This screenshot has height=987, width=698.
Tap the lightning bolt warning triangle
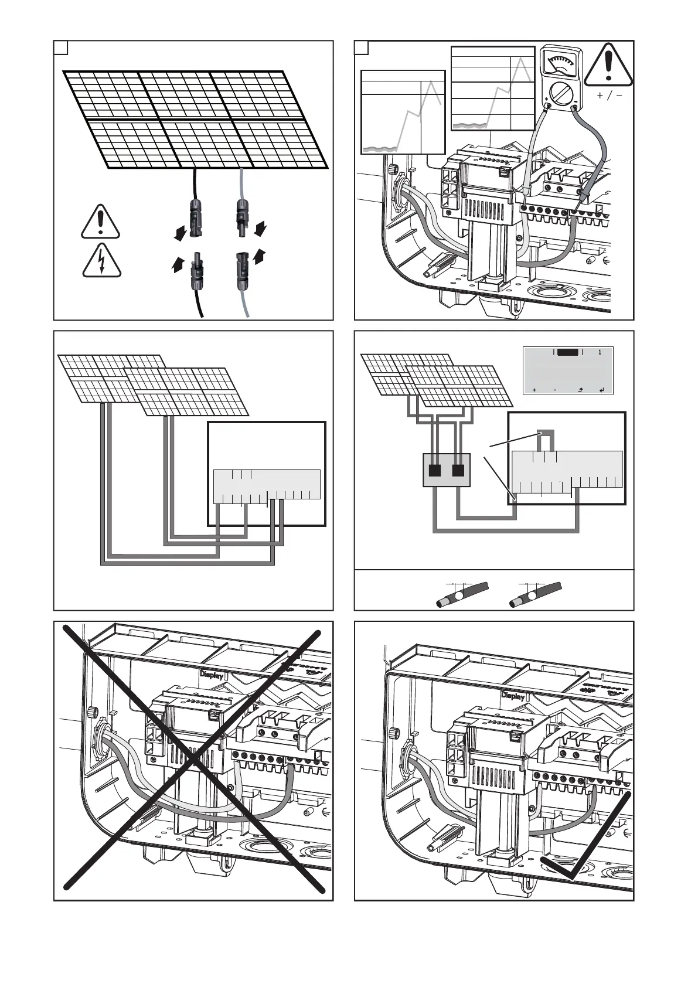[x=102, y=261]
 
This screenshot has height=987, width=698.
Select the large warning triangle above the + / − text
[x=608, y=64]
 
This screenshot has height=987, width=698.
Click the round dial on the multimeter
[x=560, y=92]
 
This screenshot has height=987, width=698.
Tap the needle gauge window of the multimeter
[x=560, y=63]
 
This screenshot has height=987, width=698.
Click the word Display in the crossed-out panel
[x=212, y=675]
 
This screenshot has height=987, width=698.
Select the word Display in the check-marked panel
[x=513, y=696]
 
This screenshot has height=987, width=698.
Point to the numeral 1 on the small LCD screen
[x=600, y=352]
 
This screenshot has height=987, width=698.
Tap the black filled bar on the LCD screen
[x=567, y=352]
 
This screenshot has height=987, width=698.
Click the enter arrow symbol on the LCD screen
[x=602, y=390]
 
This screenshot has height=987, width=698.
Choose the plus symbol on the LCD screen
[x=534, y=390]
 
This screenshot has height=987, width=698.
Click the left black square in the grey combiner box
[x=435, y=470]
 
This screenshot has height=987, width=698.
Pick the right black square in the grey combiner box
[x=458, y=470]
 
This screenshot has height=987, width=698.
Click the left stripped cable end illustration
[x=462, y=595]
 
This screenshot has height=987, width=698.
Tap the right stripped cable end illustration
[x=535, y=595]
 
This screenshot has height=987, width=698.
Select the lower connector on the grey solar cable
[x=241, y=271]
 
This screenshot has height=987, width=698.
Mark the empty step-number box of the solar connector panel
[x=61, y=47]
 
